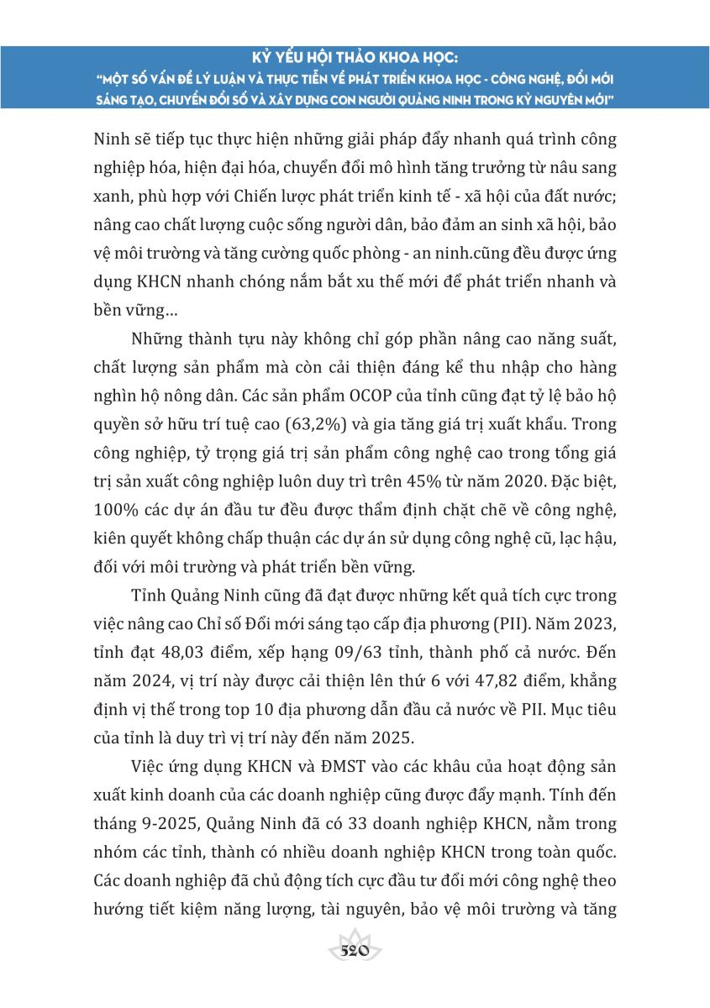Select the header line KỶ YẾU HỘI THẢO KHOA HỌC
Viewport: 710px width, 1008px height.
pos(355,60)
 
